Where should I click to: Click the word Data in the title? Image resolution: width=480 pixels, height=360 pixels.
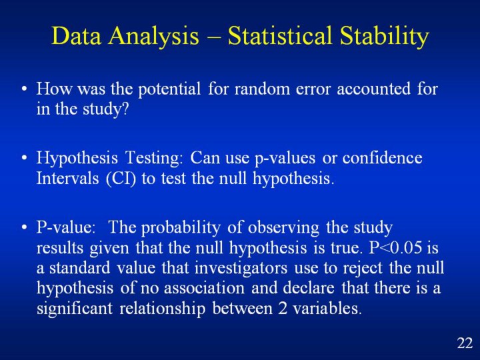[x=76, y=35]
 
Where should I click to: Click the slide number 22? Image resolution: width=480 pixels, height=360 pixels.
[x=465, y=343]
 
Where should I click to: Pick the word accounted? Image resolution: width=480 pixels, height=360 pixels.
[x=373, y=89]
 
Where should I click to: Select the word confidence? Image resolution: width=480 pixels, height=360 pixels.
[x=383, y=157]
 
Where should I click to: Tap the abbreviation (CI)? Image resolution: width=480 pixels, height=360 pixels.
[x=121, y=178]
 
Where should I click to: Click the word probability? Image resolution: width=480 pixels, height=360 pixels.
[x=181, y=228]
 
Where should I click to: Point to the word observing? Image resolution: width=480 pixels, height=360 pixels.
[x=283, y=228]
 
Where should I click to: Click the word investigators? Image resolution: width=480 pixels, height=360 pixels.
[x=241, y=268]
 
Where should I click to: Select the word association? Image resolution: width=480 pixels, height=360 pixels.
[x=204, y=288]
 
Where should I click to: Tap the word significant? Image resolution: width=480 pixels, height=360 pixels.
[x=75, y=308]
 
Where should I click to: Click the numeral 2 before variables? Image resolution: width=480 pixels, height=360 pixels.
[x=283, y=308]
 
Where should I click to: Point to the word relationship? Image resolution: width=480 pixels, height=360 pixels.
[x=162, y=308]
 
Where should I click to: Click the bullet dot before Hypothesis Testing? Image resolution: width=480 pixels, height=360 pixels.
[x=25, y=158]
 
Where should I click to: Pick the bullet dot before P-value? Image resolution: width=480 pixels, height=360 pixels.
[x=25, y=228]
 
